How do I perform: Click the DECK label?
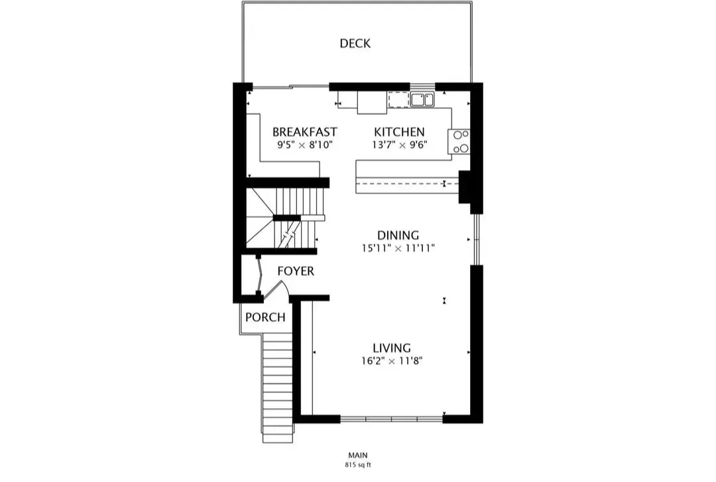tap(355, 44)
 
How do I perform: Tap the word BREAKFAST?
tap(304, 132)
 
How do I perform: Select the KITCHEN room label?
tap(399, 132)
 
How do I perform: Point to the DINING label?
tap(398, 236)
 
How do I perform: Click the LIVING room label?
tap(391, 348)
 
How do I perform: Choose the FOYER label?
tap(295, 272)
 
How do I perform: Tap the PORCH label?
tap(265, 317)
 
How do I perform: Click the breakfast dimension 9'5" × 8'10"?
tap(304, 144)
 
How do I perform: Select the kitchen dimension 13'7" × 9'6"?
tap(399, 144)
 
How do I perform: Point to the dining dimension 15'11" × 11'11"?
tap(398, 248)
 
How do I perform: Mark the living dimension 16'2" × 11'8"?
tap(391, 361)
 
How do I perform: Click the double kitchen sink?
tap(422, 100)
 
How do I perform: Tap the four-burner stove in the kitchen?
tap(459, 141)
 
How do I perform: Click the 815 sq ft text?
tap(358, 465)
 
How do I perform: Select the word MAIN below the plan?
tap(358, 455)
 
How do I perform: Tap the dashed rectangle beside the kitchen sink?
tap(398, 100)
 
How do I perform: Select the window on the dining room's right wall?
tap(475, 240)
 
